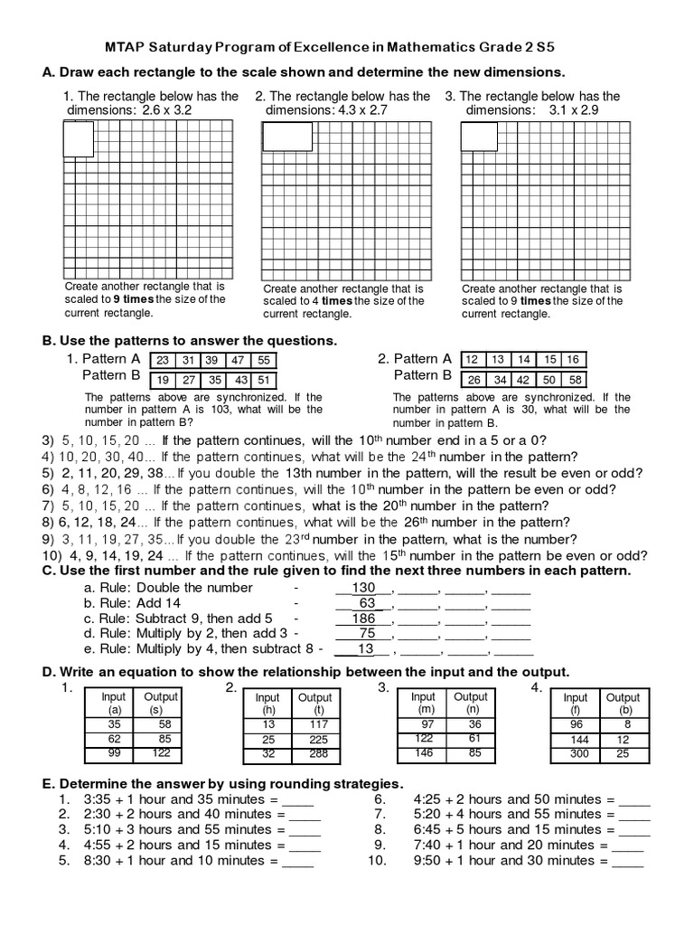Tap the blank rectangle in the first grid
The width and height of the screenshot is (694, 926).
(79, 138)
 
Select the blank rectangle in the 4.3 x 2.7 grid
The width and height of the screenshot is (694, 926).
(287, 137)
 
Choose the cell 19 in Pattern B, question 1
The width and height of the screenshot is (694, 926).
(164, 380)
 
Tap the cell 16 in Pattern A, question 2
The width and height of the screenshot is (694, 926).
(573, 359)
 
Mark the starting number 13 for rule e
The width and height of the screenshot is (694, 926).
(366, 648)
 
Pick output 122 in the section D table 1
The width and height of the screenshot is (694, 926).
(160, 752)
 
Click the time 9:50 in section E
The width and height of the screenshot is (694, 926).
(429, 860)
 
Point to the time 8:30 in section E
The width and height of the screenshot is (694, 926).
(98, 860)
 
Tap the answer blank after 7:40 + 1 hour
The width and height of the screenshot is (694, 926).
(628, 846)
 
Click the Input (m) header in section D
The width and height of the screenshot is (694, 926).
(423, 704)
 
